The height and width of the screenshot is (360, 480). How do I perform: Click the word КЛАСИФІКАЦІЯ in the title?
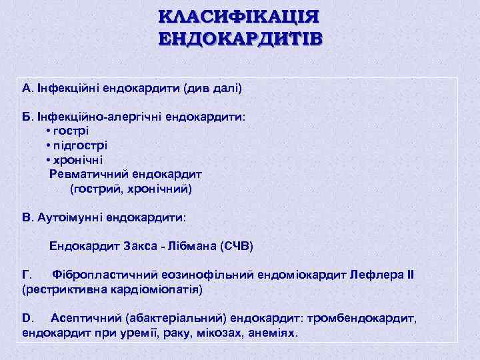(x=239, y=16)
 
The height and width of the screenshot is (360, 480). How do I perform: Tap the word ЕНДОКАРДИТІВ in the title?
(x=239, y=38)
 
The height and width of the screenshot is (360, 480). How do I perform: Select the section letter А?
(x=27, y=87)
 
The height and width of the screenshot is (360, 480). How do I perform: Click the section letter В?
(x=27, y=217)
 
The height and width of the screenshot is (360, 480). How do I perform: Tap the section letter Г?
(x=27, y=275)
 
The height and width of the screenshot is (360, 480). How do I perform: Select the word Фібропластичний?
(x=104, y=275)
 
